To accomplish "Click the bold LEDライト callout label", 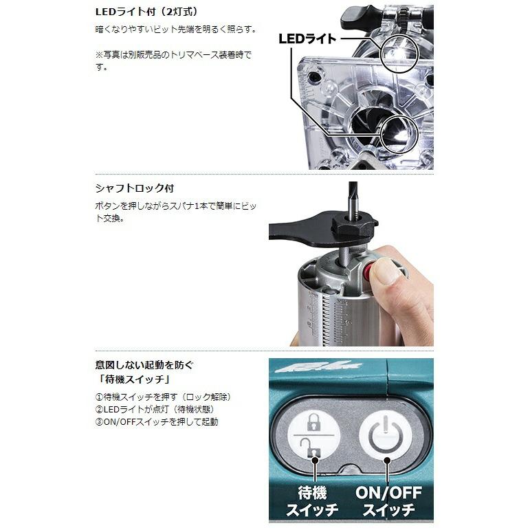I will coord(307,39).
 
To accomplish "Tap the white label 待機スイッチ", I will coord(314,502).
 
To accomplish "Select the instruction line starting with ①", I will coord(166,397).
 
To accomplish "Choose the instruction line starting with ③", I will coord(157,421).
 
